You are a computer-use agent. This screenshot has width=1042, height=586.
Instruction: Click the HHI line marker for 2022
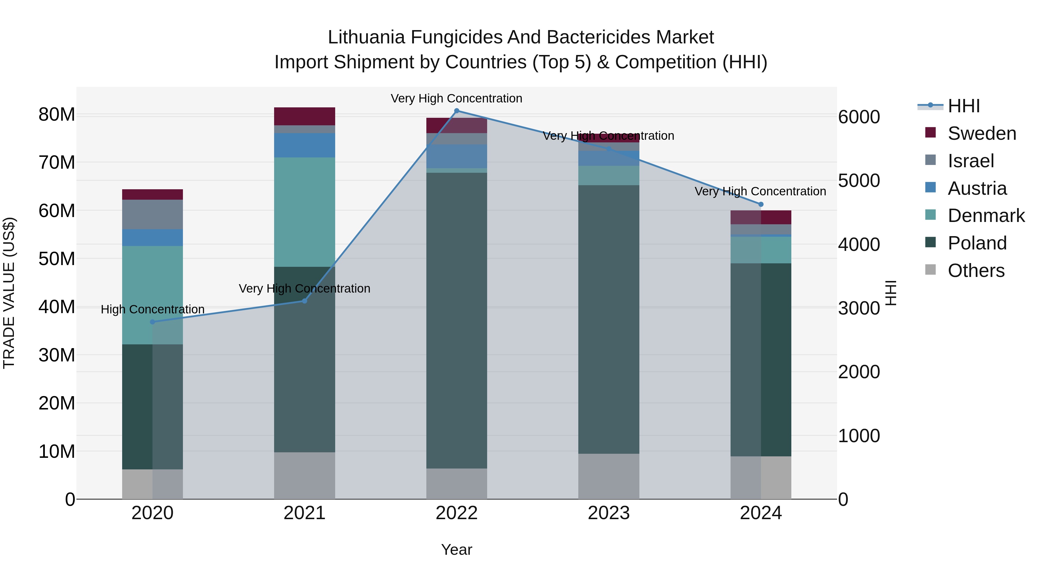click(457, 111)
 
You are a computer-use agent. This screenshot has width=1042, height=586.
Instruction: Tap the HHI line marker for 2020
click(153, 322)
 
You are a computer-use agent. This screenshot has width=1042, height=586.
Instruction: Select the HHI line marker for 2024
click(761, 204)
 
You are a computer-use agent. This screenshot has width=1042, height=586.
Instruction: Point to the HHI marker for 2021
click(304, 301)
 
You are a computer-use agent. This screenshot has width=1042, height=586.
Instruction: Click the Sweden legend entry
click(981, 133)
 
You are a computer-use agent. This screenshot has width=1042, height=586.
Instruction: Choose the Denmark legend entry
click(986, 216)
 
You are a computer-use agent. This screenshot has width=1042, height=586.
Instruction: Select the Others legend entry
click(976, 271)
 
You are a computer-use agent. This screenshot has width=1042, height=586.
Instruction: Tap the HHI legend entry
click(964, 106)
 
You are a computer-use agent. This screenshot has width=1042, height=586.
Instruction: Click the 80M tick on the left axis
click(57, 114)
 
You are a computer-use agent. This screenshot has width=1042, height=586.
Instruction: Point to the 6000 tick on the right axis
click(859, 117)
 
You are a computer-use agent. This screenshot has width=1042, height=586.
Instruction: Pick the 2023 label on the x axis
click(609, 513)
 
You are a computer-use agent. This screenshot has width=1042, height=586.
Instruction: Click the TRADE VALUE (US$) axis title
click(9, 293)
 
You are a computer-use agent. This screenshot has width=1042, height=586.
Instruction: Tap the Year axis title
click(457, 550)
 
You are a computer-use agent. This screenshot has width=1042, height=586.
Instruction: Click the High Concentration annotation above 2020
click(153, 309)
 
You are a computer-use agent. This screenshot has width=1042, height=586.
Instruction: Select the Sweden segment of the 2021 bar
click(304, 116)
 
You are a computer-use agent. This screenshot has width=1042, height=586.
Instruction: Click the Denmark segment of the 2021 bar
click(304, 212)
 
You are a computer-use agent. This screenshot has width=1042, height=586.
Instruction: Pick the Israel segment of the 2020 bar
click(153, 214)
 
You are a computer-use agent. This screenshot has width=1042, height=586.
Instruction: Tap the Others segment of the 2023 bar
click(609, 476)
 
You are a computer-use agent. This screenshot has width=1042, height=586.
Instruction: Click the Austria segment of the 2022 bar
click(457, 156)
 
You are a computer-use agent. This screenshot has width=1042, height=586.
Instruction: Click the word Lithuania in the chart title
click(366, 37)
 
